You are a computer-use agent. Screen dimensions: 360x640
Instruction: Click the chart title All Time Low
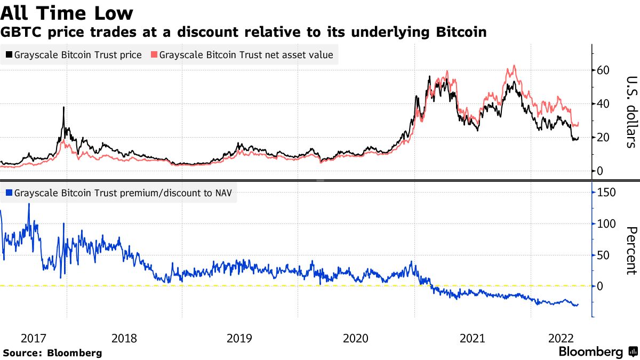coord(67,12)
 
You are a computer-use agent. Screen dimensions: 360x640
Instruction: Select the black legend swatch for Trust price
coord(9,55)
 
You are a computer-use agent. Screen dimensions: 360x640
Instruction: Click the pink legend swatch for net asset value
coord(154,55)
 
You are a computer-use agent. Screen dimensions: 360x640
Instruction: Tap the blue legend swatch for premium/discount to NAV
coord(9,193)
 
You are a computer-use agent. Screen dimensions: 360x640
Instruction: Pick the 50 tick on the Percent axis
coord(604,255)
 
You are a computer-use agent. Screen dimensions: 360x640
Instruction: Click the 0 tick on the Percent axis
coord(601,286)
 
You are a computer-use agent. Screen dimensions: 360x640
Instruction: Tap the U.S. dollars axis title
coord(630,111)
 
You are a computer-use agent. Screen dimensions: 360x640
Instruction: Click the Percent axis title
coord(630,251)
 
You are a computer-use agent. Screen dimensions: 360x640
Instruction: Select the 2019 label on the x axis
coord(239,338)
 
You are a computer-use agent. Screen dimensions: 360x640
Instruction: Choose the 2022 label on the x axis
coord(562,338)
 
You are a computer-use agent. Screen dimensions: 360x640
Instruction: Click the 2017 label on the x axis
coord(33,338)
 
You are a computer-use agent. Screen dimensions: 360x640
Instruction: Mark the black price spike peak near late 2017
coord(63,107)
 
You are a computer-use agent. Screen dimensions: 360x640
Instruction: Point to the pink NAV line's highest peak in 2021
coord(514,66)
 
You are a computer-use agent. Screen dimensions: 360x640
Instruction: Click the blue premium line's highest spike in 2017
coord(29,204)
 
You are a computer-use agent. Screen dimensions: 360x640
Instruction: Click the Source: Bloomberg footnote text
coord(52,353)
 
